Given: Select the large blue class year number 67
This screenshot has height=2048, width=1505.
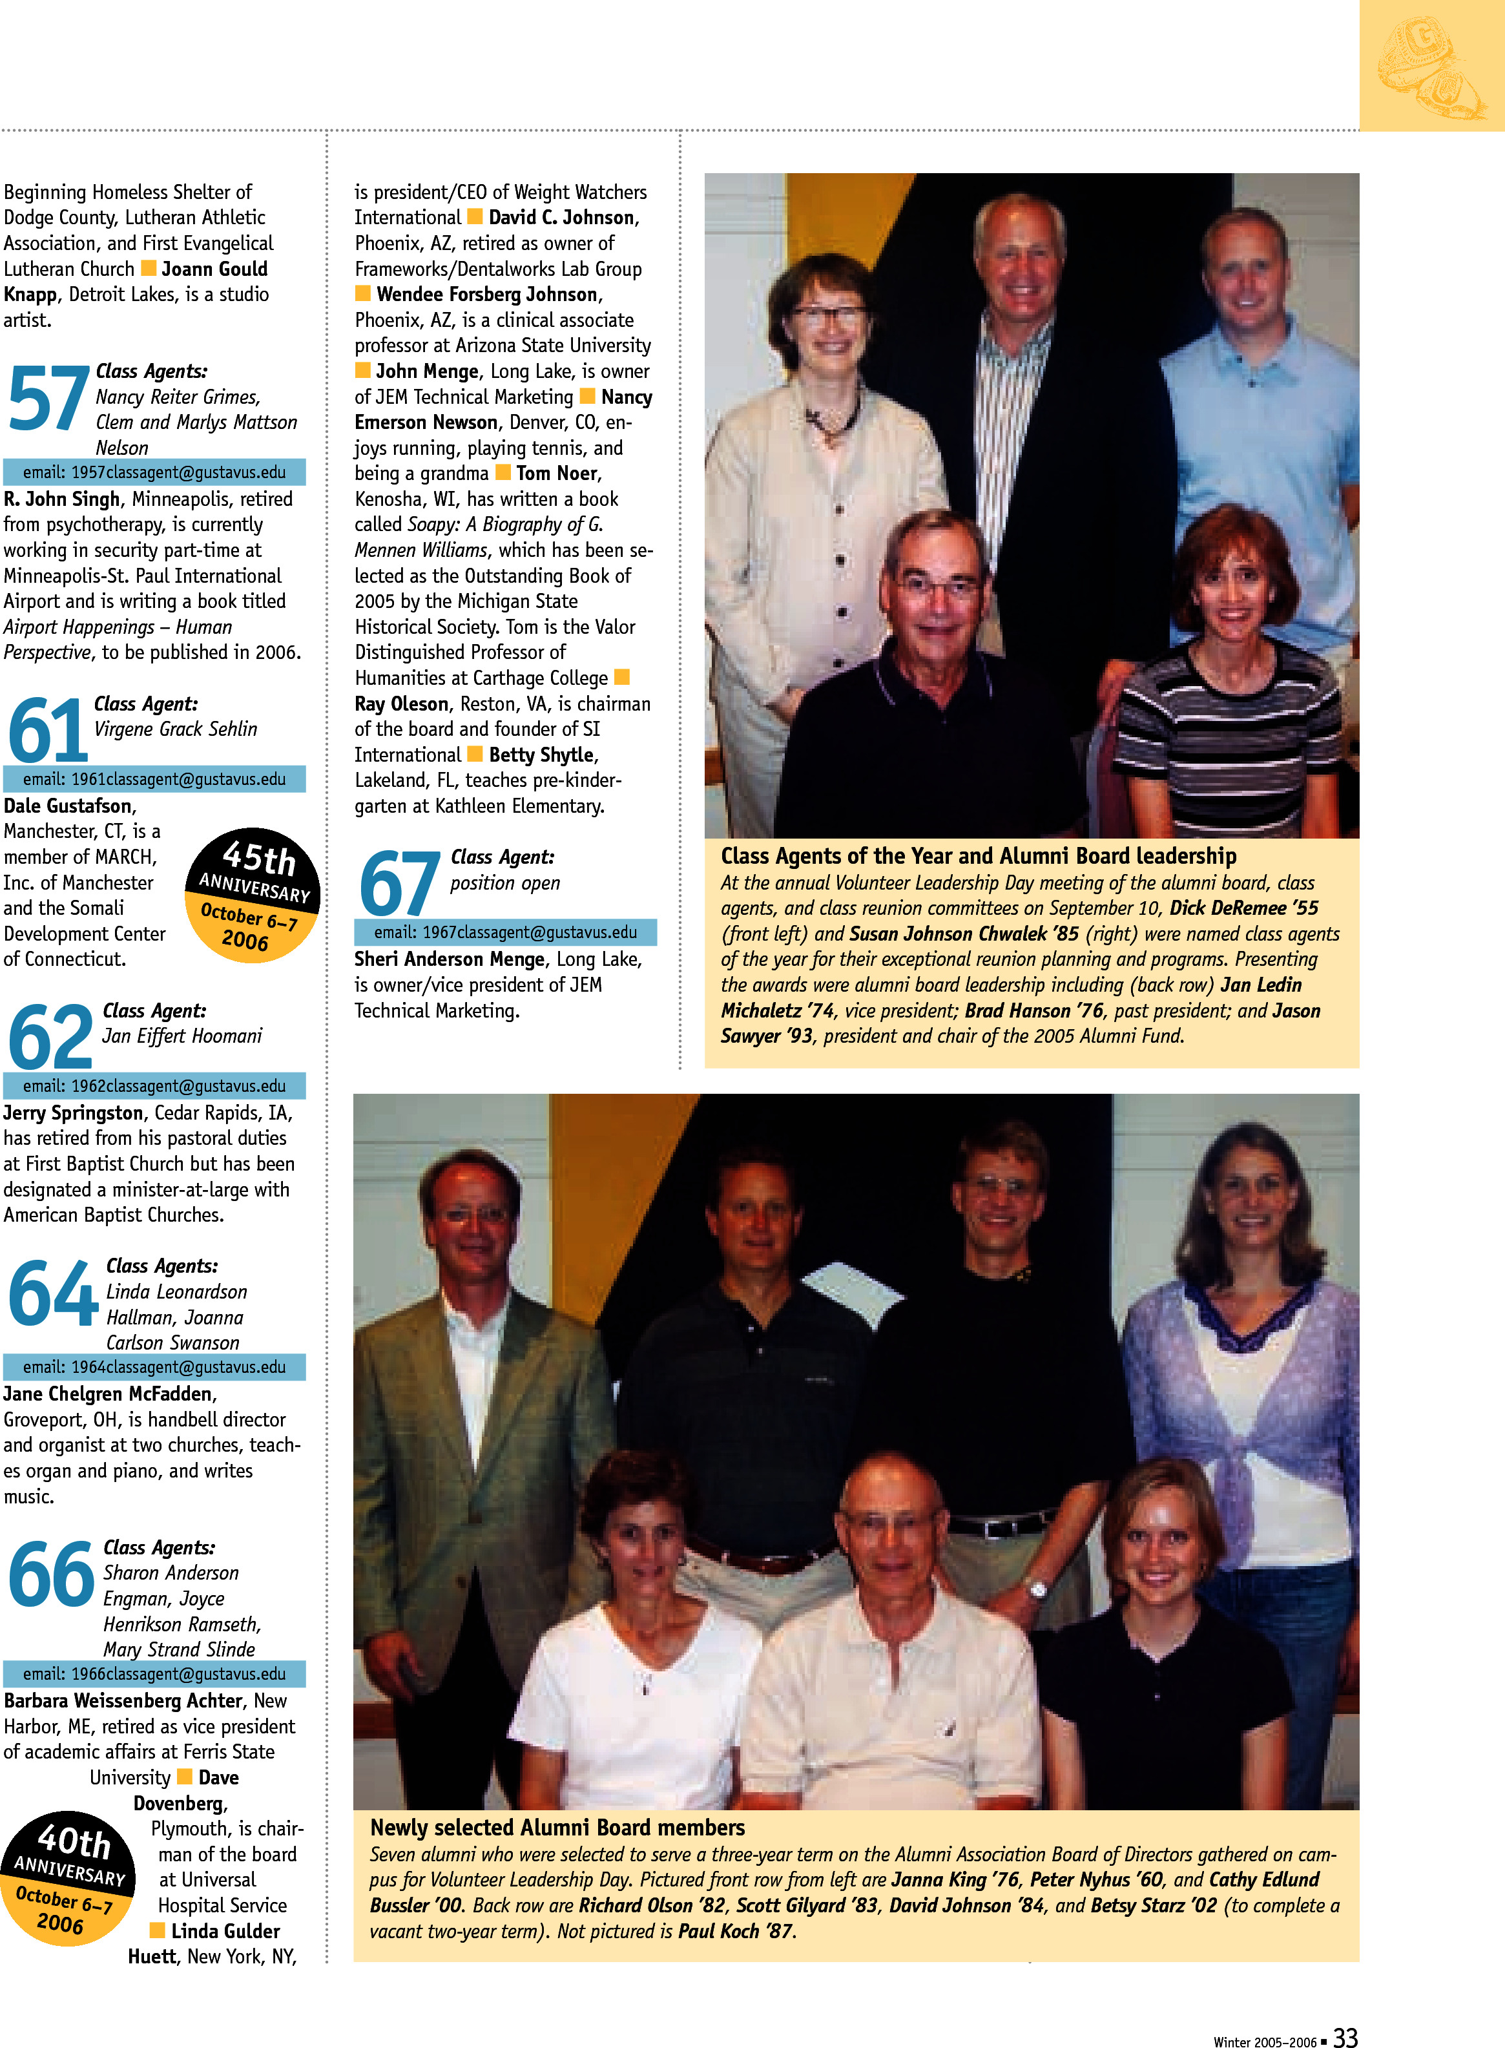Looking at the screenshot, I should click(x=399, y=884).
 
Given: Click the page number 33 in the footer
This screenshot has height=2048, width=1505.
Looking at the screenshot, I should click(x=1345, y=2037).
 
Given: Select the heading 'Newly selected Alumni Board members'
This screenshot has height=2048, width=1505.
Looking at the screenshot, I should click(x=557, y=1828).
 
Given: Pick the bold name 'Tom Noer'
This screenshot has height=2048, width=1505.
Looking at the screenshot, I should click(x=557, y=474).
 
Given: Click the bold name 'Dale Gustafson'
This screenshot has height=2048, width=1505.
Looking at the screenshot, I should click(x=69, y=806).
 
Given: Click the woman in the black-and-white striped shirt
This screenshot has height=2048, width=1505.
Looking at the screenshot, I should click(x=1230, y=693).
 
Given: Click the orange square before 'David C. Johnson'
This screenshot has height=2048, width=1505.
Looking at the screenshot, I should click(x=475, y=217).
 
